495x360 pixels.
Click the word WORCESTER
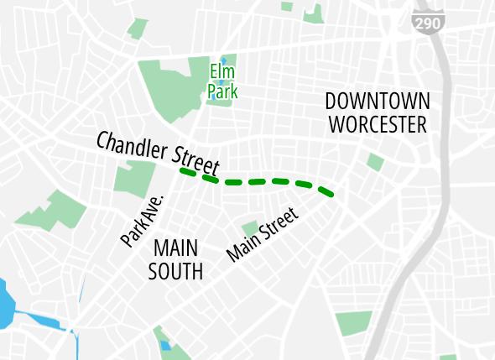point(378,125)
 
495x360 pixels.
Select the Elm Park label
point(222,81)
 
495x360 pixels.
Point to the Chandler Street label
point(157,152)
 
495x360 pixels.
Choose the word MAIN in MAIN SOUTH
point(175,249)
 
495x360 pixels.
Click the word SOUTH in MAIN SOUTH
point(175,271)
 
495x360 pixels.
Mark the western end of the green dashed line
point(182,170)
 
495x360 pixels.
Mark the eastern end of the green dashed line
point(334,196)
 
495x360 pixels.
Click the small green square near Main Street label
point(250,227)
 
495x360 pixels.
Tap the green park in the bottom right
point(353,323)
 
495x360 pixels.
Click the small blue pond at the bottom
point(164,345)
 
